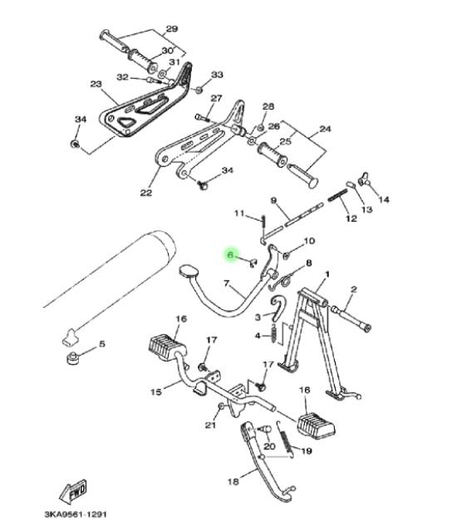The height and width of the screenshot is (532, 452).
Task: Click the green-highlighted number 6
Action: point(230,254)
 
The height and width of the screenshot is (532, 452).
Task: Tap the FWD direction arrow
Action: point(73,491)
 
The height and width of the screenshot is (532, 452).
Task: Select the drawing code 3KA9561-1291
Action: point(76,515)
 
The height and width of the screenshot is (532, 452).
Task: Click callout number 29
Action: point(171,29)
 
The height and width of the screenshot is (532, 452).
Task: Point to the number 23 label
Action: point(96,84)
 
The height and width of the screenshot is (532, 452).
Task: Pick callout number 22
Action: point(146,193)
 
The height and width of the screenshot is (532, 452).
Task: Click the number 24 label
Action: point(325,129)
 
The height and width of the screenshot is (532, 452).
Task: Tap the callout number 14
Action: point(384,199)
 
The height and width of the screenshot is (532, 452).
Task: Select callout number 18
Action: point(233,481)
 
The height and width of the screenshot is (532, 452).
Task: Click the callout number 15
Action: point(156,392)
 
